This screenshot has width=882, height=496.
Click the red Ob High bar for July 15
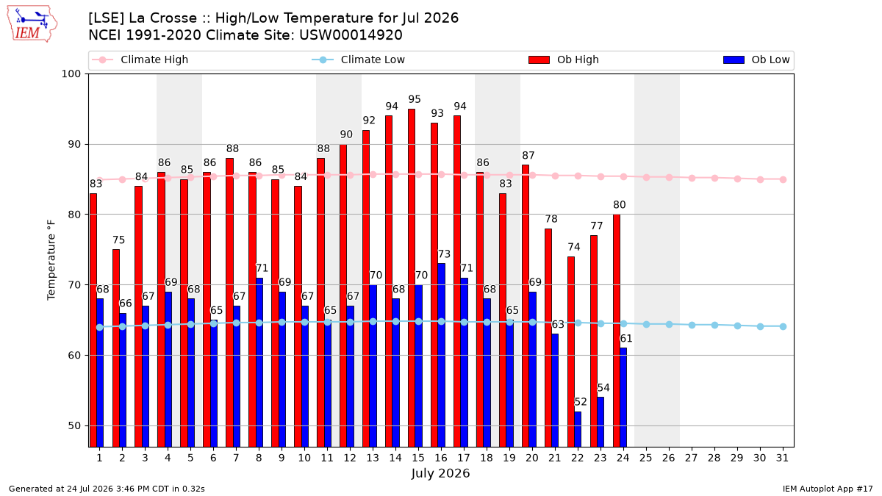click(412, 278)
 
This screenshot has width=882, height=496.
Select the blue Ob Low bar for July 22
click(578, 429)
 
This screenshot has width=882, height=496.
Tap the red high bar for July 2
click(116, 348)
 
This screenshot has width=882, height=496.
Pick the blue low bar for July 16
click(441, 355)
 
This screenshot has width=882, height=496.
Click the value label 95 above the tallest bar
click(415, 99)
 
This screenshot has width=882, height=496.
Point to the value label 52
click(581, 402)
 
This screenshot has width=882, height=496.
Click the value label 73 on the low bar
click(444, 254)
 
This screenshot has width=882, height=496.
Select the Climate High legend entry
click(140, 60)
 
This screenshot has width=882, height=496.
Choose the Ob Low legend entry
click(756, 60)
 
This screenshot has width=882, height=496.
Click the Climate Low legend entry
click(359, 60)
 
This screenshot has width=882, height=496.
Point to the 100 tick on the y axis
click(71, 74)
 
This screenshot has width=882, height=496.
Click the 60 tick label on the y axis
click(74, 356)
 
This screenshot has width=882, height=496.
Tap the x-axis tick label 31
click(782, 458)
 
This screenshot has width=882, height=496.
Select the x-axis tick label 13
click(373, 458)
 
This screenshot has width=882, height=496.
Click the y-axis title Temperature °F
click(51, 260)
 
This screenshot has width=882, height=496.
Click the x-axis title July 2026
click(440, 473)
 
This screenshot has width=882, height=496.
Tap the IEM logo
click(32, 24)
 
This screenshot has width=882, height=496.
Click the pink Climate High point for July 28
click(714, 179)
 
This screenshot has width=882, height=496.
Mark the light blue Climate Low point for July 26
click(669, 324)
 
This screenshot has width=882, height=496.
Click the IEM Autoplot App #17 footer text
click(828, 489)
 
